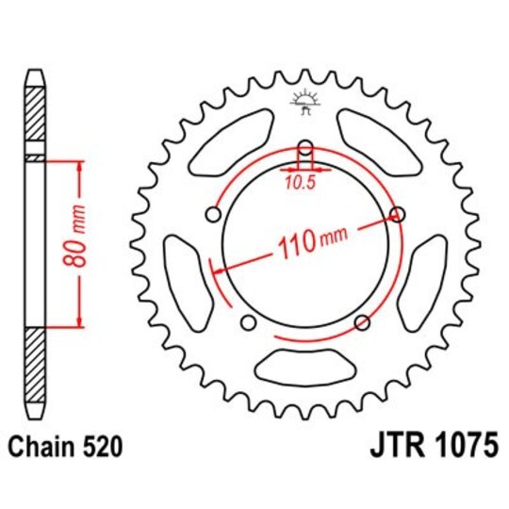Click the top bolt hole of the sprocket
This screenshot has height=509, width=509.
click(304, 148)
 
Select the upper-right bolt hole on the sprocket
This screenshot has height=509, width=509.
click(397, 216)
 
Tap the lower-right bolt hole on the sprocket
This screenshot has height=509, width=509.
click(361, 323)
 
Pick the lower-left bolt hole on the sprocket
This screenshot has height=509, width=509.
click(248, 323)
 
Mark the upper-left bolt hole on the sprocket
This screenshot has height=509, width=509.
click(213, 216)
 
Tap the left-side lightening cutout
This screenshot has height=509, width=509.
click(185, 273)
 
